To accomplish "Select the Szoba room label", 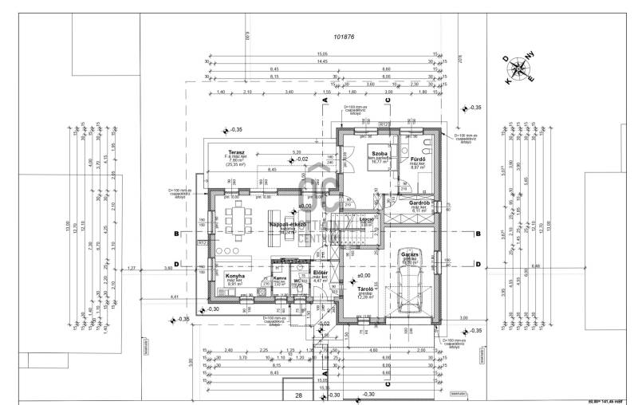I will click(x=378, y=151).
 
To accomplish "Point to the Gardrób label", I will click(x=420, y=203).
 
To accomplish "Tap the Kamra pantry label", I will click(x=280, y=278).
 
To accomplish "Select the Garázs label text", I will click(x=410, y=254).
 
